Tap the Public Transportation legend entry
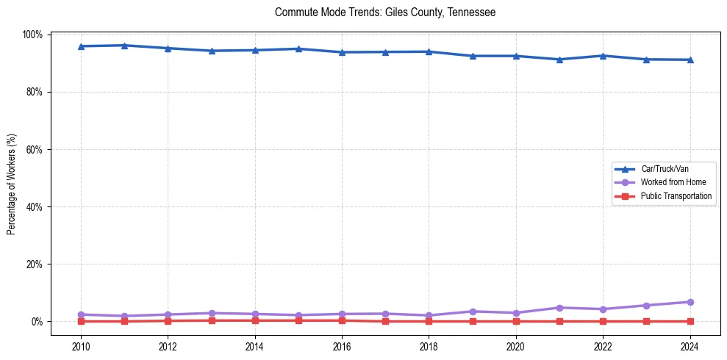tap(676, 196)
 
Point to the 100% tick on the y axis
tap(34, 35)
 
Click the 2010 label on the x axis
tap(81, 346)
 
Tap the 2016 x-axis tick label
tap(342, 346)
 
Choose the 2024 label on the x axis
tap(690, 346)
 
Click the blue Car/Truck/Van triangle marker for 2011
tap(124, 46)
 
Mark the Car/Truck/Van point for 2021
tap(559, 60)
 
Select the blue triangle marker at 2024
tap(690, 60)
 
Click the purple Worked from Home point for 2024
tap(690, 302)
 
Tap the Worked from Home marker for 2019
tap(473, 312)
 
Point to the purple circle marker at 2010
tap(81, 314)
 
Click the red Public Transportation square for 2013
tap(212, 320)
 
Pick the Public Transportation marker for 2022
tap(603, 321)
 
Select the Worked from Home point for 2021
tap(559, 308)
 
